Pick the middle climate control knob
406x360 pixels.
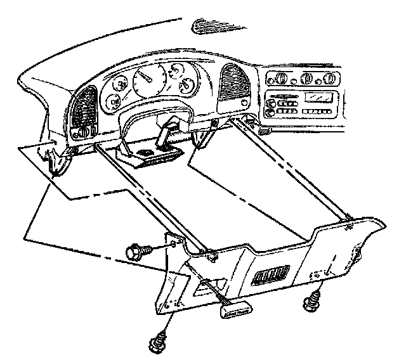tap(306, 79)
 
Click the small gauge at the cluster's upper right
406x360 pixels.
tap(186, 85)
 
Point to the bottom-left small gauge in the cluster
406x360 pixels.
tap(114, 100)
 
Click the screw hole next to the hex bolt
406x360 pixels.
tap(173, 243)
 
